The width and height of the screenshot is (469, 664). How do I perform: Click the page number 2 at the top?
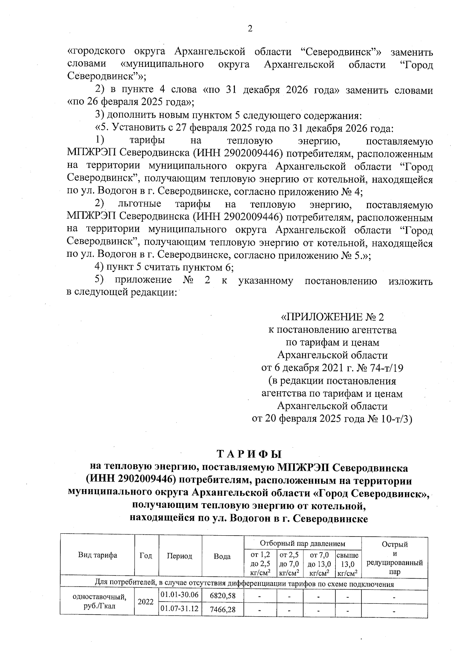tap(250, 29)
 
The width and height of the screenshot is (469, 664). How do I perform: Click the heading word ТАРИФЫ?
tap(249, 454)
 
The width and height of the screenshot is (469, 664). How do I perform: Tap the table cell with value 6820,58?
tap(222, 596)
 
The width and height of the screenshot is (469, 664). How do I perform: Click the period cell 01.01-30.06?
tap(180, 595)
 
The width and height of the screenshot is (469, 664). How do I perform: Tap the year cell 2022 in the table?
tap(146, 602)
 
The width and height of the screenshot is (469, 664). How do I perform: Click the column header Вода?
tap(222, 556)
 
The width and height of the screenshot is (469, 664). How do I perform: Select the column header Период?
tap(180, 556)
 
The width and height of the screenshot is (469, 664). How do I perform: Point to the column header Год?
tap(146, 556)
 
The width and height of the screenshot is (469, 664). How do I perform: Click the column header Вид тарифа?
tap(97, 555)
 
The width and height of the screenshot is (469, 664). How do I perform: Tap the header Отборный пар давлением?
tap(303, 543)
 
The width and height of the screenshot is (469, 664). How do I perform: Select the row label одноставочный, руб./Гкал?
tap(100, 602)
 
